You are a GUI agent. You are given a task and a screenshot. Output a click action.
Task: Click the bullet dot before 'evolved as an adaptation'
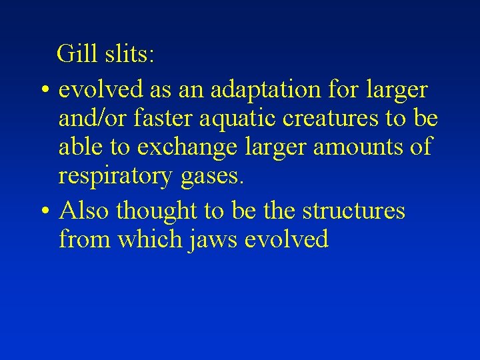[43, 90]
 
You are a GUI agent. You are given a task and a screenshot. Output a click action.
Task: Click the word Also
[85, 211]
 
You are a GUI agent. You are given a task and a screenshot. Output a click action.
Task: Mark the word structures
[353, 211]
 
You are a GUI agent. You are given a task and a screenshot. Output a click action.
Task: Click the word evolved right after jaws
[286, 239]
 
